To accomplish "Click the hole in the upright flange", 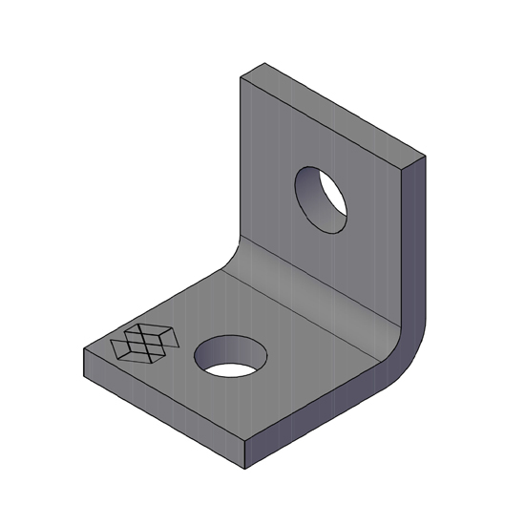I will click(x=321, y=199).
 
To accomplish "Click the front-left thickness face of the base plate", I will click(x=162, y=406).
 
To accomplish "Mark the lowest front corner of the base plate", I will click(x=246, y=469).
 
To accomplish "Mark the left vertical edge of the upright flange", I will click(x=239, y=162).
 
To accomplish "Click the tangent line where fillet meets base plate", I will click(x=286, y=305).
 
